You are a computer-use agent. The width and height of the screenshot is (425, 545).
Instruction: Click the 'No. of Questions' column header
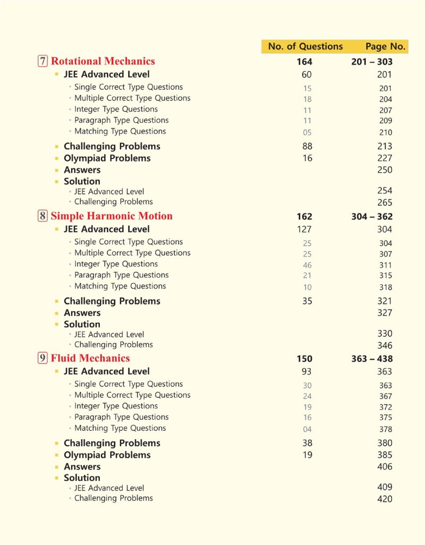[305, 46]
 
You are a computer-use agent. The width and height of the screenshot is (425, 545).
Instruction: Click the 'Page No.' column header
[385, 46]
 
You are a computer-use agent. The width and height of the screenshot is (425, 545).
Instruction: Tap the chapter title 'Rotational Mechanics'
[103, 61]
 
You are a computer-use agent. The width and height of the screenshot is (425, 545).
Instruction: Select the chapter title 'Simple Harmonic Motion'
[112, 216]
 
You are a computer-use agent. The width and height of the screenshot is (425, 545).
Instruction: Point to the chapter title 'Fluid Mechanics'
[90, 358]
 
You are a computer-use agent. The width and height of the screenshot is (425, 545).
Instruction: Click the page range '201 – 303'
[372, 62]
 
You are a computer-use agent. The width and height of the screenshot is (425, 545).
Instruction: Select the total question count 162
[304, 217]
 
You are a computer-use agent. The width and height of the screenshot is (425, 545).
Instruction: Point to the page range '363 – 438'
[372, 359]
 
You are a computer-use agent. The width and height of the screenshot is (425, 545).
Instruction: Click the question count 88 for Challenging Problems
[307, 146]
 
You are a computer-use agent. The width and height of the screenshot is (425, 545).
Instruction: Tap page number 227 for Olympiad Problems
[385, 158]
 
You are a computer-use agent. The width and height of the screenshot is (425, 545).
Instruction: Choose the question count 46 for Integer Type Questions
[307, 265]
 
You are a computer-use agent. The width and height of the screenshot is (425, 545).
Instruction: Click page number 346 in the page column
[385, 345]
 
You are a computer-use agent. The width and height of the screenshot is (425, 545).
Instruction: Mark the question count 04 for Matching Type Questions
[307, 429]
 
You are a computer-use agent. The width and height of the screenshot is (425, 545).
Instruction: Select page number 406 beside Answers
[385, 467]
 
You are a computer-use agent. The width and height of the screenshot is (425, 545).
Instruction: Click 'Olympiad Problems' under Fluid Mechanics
[107, 455]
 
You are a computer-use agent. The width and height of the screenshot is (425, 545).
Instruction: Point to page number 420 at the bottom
[385, 499]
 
